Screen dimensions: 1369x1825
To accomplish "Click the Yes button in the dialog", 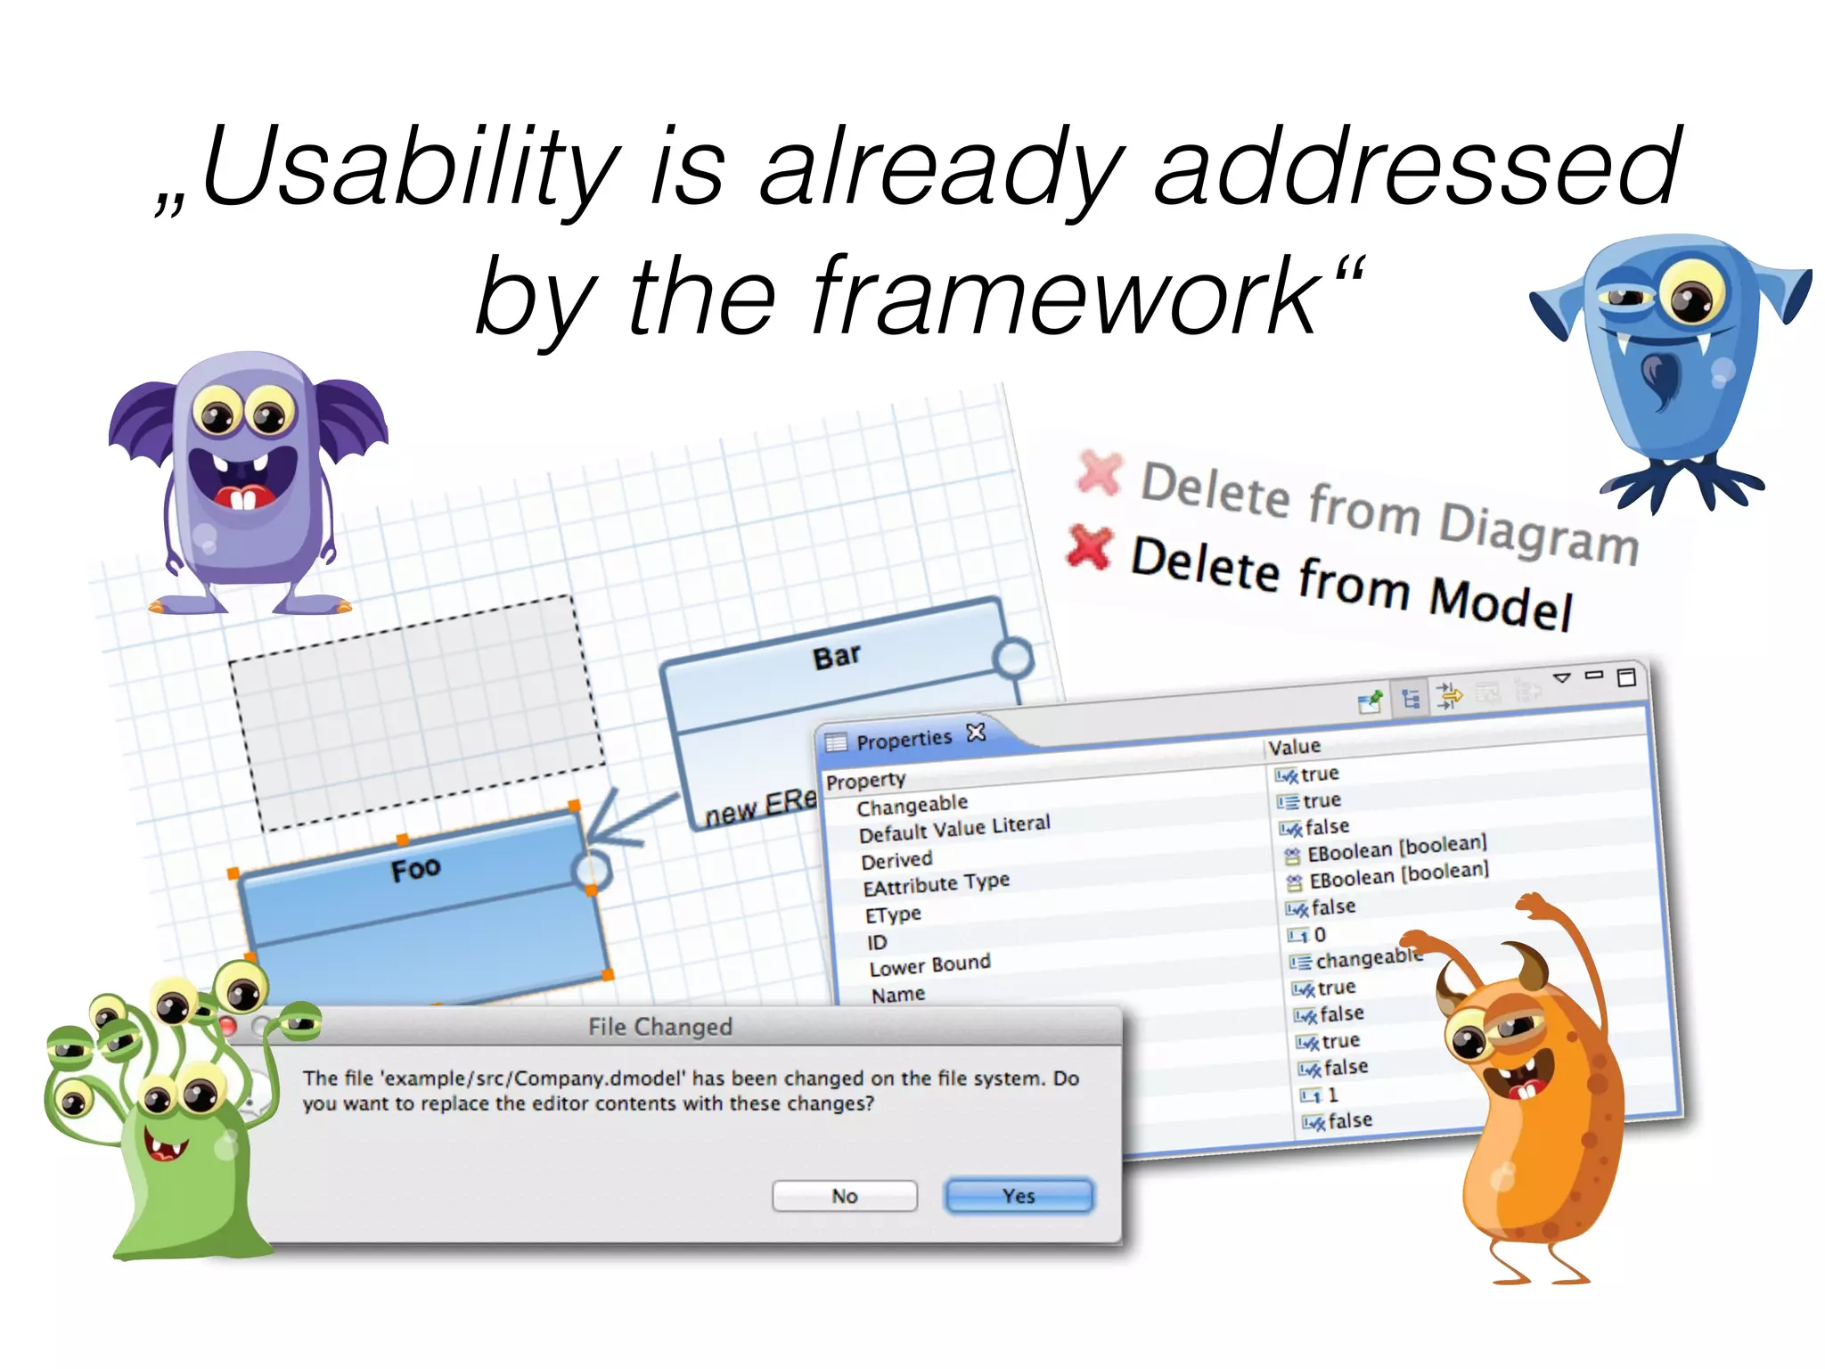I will pyautogui.click(x=1019, y=1196).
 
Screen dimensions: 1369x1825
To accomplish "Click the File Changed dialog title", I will pyautogui.click(x=659, y=1027).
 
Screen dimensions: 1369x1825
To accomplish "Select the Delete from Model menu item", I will pyautogui.click(x=1350, y=584).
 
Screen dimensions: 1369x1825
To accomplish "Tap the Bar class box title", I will pyautogui.click(x=836, y=657).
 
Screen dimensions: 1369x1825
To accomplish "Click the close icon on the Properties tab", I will pyautogui.click(x=977, y=733).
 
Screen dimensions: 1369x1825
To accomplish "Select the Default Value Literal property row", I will pyautogui.click(x=953, y=828).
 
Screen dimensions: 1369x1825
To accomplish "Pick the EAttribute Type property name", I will pyautogui.click(x=936, y=884).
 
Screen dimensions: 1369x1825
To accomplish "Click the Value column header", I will pyautogui.click(x=1294, y=747).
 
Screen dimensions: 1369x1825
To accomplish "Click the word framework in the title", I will pyautogui.click(x=1065, y=296).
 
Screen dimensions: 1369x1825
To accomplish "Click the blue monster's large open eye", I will pyautogui.click(x=1690, y=296).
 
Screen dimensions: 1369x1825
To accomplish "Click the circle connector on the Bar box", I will pyautogui.click(x=1013, y=659).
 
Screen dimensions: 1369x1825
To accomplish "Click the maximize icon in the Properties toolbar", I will pyautogui.click(x=1626, y=677).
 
